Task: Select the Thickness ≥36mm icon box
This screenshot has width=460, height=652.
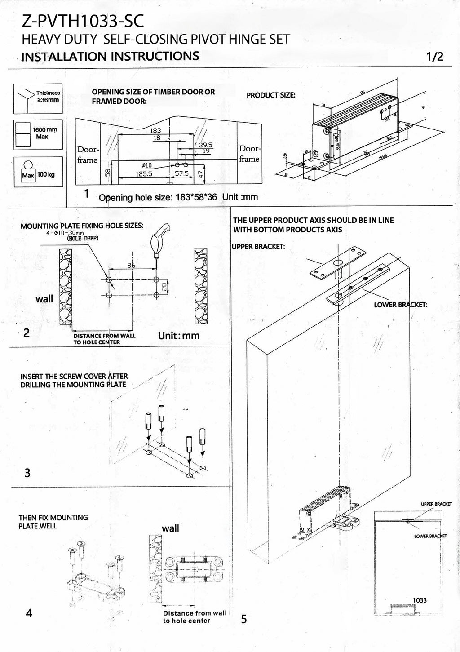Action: click(x=38, y=98)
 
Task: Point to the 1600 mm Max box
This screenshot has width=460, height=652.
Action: click(x=38, y=134)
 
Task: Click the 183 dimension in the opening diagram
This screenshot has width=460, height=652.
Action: click(x=156, y=130)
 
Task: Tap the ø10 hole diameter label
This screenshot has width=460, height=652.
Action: click(x=147, y=165)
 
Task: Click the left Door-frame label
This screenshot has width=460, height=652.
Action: click(x=87, y=154)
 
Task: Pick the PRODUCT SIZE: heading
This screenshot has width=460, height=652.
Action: click(x=271, y=95)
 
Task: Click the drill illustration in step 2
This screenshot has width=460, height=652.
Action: click(x=159, y=238)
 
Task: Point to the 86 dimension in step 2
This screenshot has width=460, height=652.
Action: click(x=131, y=266)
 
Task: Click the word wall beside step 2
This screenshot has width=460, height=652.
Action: click(x=44, y=299)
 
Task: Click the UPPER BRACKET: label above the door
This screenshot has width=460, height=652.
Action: click(x=258, y=247)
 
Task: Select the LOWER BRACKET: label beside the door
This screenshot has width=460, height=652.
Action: click(x=400, y=305)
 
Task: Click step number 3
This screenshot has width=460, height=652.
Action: click(x=27, y=473)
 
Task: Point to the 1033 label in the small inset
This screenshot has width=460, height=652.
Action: click(x=420, y=600)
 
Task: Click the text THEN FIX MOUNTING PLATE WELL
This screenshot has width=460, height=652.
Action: click(x=53, y=522)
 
